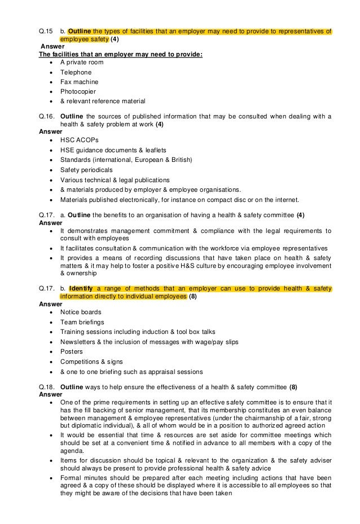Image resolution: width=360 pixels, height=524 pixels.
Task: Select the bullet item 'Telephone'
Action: (x=76, y=72)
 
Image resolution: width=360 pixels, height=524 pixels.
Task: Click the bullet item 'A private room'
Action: (x=82, y=63)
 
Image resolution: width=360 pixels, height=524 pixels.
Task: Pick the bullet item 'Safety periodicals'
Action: (x=86, y=169)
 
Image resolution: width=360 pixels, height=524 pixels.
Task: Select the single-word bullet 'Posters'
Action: (x=72, y=351)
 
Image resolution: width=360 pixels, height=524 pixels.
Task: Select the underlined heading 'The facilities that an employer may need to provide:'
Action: (x=113, y=54)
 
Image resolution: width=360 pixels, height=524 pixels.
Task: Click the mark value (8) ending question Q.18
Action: (x=293, y=387)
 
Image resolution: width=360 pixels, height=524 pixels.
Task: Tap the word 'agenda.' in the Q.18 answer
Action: (x=72, y=451)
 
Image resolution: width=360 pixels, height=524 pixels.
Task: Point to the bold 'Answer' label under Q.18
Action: (x=51, y=394)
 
